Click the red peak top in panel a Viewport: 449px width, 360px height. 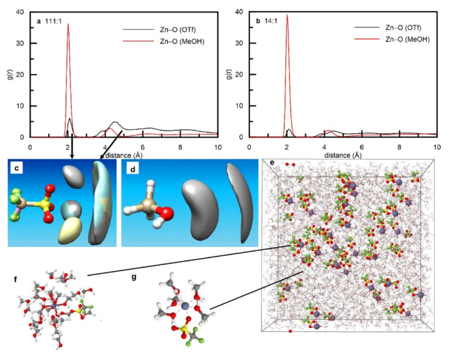pos(68,24)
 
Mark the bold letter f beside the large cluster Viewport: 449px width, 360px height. pos(15,279)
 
